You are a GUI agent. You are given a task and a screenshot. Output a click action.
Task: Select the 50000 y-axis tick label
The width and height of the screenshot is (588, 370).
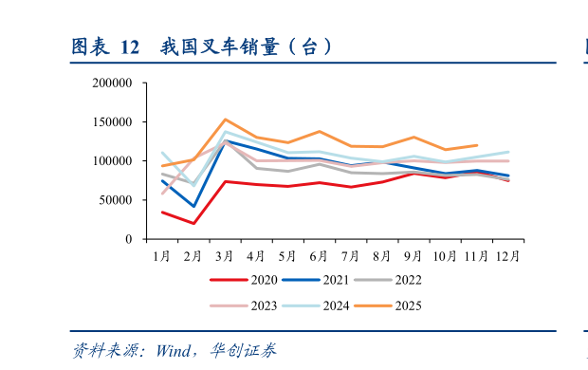[x=116, y=200]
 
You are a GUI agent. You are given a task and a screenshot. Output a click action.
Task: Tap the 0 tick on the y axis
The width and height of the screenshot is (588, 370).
[x=128, y=239]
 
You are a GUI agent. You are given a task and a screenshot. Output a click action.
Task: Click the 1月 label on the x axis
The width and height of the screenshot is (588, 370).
[x=162, y=256]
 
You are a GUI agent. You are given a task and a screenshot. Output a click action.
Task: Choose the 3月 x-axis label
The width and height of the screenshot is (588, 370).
[x=225, y=256]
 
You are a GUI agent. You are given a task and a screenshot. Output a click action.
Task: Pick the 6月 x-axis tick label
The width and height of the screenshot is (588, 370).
[x=319, y=256]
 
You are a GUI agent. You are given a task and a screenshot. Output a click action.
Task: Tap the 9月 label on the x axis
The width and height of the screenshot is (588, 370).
[x=413, y=256]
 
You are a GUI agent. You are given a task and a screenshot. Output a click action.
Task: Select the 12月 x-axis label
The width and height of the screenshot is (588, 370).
[x=508, y=256]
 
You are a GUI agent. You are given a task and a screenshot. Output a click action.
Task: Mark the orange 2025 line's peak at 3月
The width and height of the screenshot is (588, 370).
[x=225, y=120]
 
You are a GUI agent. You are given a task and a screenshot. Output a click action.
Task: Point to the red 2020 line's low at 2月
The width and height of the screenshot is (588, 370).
[x=193, y=224]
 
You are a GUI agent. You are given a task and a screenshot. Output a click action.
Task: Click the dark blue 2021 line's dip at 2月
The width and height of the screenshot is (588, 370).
[x=193, y=206]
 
